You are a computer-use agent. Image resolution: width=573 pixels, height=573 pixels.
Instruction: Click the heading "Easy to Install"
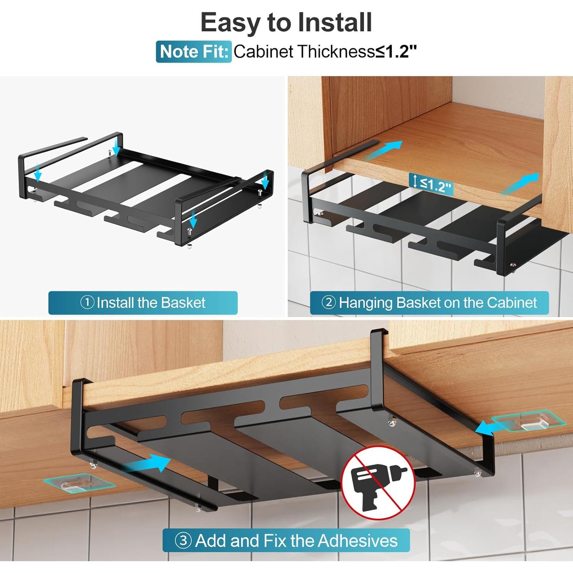tap(286, 22)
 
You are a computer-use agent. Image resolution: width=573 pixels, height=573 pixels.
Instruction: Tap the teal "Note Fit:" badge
tap(194, 52)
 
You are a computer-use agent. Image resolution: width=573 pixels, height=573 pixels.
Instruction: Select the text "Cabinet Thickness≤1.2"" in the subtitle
tap(325, 52)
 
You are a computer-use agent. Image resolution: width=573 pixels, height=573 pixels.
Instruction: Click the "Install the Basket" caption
tap(151, 303)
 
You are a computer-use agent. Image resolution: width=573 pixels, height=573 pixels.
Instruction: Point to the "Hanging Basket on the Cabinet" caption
tap(437, 303)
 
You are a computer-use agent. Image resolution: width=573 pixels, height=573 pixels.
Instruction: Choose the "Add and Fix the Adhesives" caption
tap(296, 541)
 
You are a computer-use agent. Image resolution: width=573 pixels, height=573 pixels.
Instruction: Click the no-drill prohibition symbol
tap(378, 482)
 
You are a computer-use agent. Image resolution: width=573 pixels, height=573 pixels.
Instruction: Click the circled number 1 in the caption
tap(87, 303)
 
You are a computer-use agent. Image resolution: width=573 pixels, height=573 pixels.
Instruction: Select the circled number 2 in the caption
tap(329, 303)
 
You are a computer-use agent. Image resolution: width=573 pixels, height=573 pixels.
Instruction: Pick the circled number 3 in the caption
tap(183, 541)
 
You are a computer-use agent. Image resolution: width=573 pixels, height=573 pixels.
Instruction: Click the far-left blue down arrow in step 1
tap(37, 172)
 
